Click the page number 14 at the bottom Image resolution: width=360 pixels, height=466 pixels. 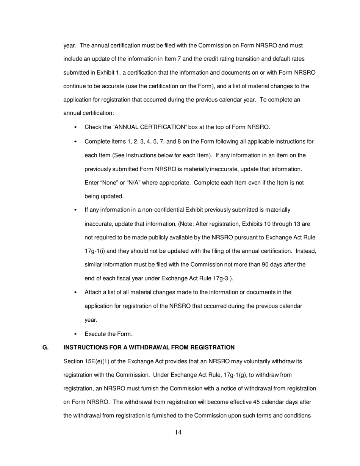[178, 433]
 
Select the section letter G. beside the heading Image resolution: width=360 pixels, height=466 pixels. [45, 347]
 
